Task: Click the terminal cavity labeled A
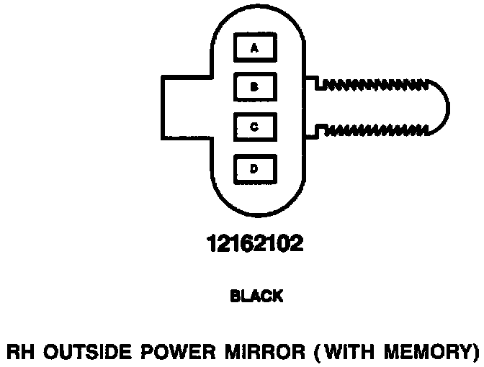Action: (x=254, y=48)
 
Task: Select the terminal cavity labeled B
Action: (x=254, y=88)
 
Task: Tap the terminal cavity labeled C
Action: (x=254, y=127)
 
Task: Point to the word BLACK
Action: (x=256, y=296)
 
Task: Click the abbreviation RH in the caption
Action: (x=17, y=352)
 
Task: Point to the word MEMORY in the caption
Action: (x=430, y=352)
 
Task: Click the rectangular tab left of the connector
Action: (x=184, y=108)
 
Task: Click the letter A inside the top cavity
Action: (x=254, y=48)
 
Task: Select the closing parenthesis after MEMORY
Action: (x=476, y=352)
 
